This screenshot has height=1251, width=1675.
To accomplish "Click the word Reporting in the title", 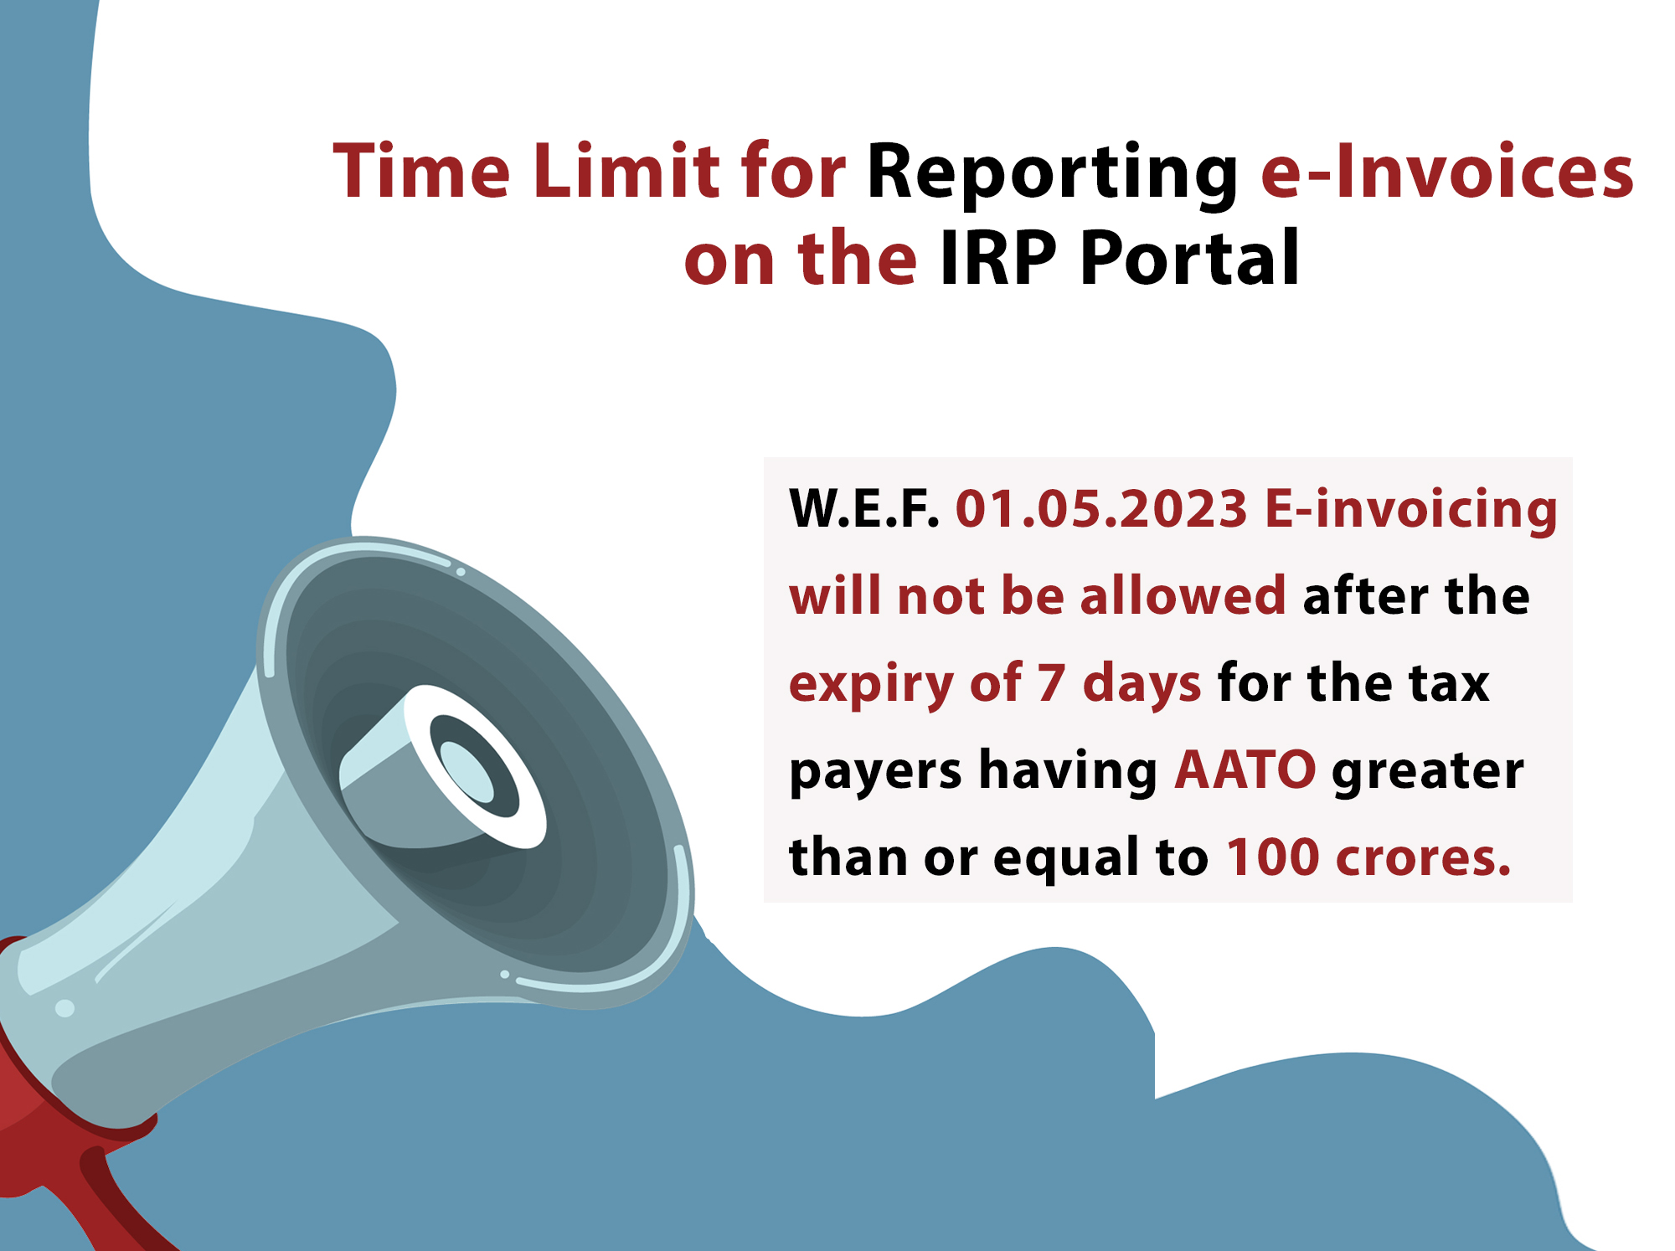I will [1051, 173].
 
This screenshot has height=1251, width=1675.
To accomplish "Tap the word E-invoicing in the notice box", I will [1410, 510].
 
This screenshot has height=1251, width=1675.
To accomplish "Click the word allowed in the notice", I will [1183, 596].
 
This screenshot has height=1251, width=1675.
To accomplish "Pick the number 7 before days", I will [1050, 682].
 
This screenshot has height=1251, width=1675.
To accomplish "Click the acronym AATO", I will [1245, 770].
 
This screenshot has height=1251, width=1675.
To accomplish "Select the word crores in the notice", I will [1423, 857].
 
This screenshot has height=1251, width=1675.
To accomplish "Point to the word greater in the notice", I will [1427, 771].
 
